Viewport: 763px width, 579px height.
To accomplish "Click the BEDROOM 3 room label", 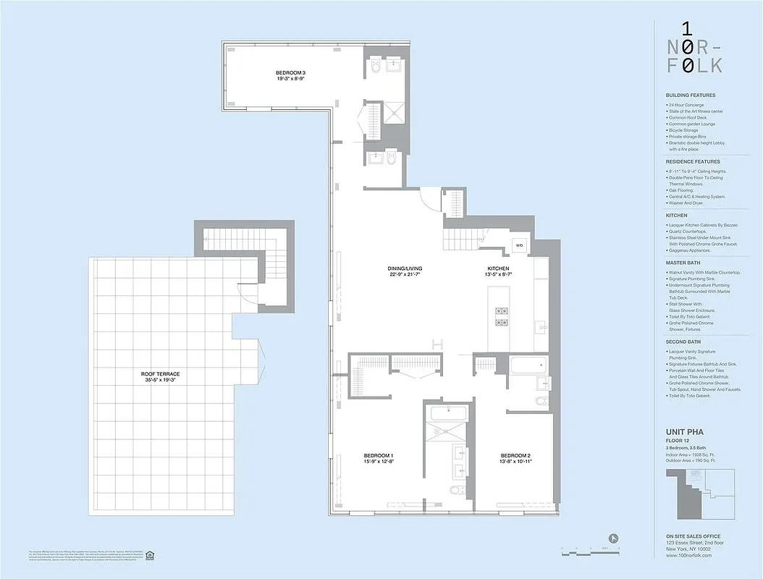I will pyautogui.click(x=290, y=72).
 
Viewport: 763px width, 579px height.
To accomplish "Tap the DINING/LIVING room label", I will pyautogui.click(x=404, y=269).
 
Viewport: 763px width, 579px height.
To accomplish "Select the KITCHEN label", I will pyautogui.click(x=498, y=269).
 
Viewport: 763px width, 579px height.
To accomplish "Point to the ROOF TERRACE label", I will pyautogui.click(x=161, y=374).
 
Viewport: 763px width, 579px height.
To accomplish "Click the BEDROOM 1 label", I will pyautogui.click(x=378, y=455).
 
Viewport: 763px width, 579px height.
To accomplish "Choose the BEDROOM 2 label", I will pyautogui.click(x=515, y=455).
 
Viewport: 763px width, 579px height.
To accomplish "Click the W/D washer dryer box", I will pyautogui.click(x=519, y=245).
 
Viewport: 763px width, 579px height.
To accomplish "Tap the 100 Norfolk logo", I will pyautogui.click(x=694, y=48).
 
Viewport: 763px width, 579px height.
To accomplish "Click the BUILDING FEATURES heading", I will pyautogui.click(x=690, y=96).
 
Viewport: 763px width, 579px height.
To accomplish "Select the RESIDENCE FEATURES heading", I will pyautogui.click(x=692, y=161).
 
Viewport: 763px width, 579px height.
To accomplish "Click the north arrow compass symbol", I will pyautogui.click(x=614, y=538).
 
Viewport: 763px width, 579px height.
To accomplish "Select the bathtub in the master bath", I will pyautogui.click(x=449, y=413).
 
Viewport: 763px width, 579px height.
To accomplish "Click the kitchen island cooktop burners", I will pyautogui.click(x=501, y=316).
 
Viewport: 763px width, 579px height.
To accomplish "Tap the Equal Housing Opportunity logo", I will pyautogui.click(x=150, y=555).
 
